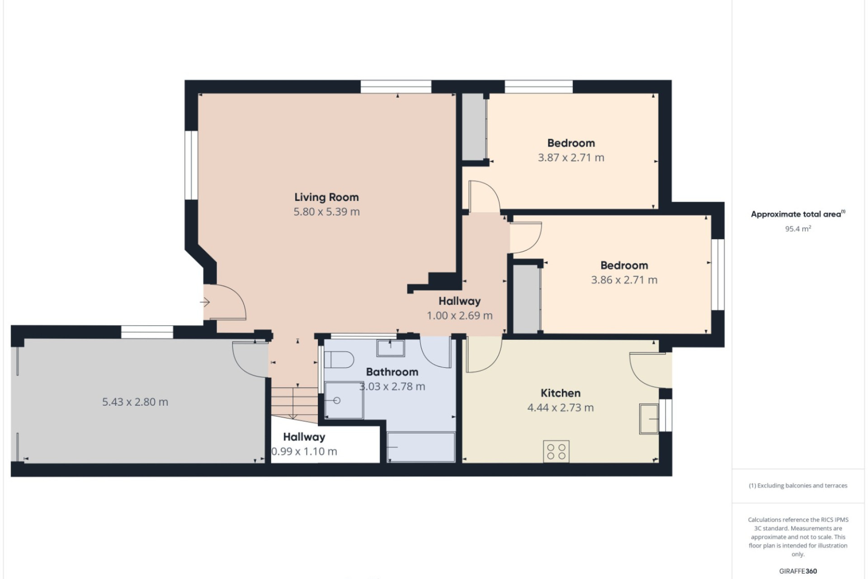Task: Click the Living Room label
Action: [326, 197]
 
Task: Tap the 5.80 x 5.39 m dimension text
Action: [326, 212]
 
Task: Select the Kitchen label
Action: [561, 393]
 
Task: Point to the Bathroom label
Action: [392, 372]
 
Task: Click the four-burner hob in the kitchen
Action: [556, 451]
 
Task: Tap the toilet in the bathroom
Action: [339, 360]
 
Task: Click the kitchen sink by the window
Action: [649, 419]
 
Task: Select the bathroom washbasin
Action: [391, 348]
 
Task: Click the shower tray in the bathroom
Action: [344, 400]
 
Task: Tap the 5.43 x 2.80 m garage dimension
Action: [135, 402]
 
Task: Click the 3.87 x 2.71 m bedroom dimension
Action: [571, 157]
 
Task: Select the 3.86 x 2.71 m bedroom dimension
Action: [624, 280]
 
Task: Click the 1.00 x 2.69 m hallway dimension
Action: [460, 316]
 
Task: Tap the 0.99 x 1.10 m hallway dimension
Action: [304, 451]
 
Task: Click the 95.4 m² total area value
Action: [798, 228]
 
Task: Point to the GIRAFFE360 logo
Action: [798, 571]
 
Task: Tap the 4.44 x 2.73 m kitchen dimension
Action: [561, 408]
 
